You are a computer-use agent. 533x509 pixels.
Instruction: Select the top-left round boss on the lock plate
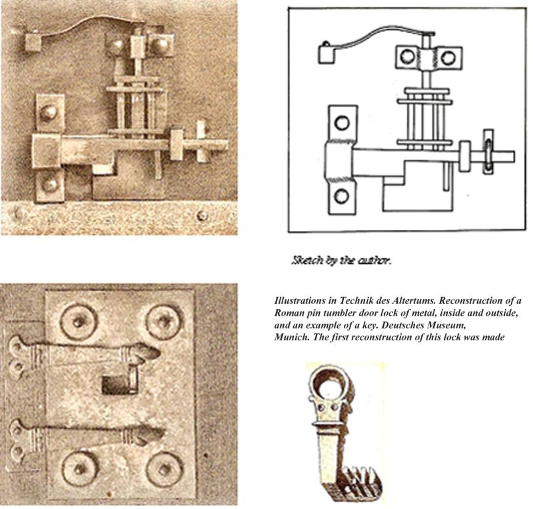coord(79,321)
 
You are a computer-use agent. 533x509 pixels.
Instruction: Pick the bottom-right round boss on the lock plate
coord(165,469)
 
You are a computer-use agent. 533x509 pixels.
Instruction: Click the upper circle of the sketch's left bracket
coord(342,123)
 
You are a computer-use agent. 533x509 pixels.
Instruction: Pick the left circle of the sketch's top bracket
coord(407,56)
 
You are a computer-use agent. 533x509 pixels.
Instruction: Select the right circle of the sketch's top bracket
coord(448,57)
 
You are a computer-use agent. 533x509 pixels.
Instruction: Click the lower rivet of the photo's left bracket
coord(49,184)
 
